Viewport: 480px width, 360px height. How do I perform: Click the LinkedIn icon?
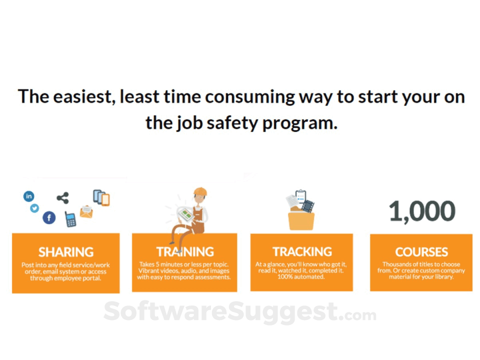point(29,196)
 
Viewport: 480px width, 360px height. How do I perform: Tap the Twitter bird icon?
point(34,208)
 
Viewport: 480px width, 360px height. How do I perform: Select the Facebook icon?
point(49,217)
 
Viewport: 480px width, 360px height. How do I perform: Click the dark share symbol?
point(63,198)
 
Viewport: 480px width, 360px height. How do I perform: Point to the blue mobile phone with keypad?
point(70,219)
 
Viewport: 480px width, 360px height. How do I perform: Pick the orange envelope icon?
point(86,211)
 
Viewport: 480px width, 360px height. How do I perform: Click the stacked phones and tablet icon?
point(101,198)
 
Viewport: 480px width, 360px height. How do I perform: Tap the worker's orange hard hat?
point(200,191)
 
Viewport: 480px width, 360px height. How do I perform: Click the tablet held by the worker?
point(185,214)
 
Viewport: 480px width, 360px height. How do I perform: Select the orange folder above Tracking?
point(301,220)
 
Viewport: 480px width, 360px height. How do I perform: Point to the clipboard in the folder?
point(300,196)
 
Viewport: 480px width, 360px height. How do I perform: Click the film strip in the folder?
point(308,206)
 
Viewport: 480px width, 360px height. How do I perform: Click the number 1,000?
point(422,211)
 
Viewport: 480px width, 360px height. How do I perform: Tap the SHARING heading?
point(66,252)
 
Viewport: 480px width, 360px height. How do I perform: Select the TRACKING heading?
point(302,251)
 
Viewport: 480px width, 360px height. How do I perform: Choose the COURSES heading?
point(421,252)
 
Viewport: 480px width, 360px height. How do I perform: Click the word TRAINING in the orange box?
point(185,251)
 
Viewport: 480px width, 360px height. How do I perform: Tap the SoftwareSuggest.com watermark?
point(240,312)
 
